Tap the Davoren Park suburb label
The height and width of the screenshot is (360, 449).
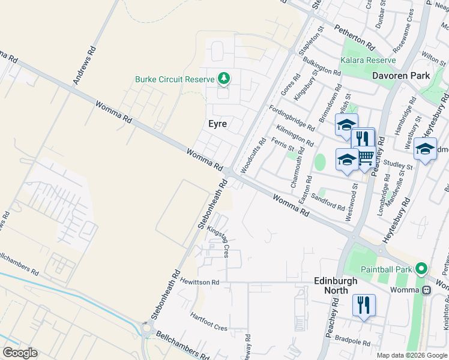[401, 76]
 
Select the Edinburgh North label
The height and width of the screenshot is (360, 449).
[336, 285]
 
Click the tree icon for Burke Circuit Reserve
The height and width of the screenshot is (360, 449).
[224, 78]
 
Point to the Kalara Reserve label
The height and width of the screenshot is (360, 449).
[368, 60]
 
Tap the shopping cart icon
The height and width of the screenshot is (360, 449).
[365, 157]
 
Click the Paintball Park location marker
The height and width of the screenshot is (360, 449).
[422, 269]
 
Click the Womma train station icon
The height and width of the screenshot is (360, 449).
[427, 290]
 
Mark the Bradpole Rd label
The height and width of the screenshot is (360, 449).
[352, 340]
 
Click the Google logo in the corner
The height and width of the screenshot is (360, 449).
[20, 353]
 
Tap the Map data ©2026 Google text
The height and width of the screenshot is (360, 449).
[411, 355]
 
